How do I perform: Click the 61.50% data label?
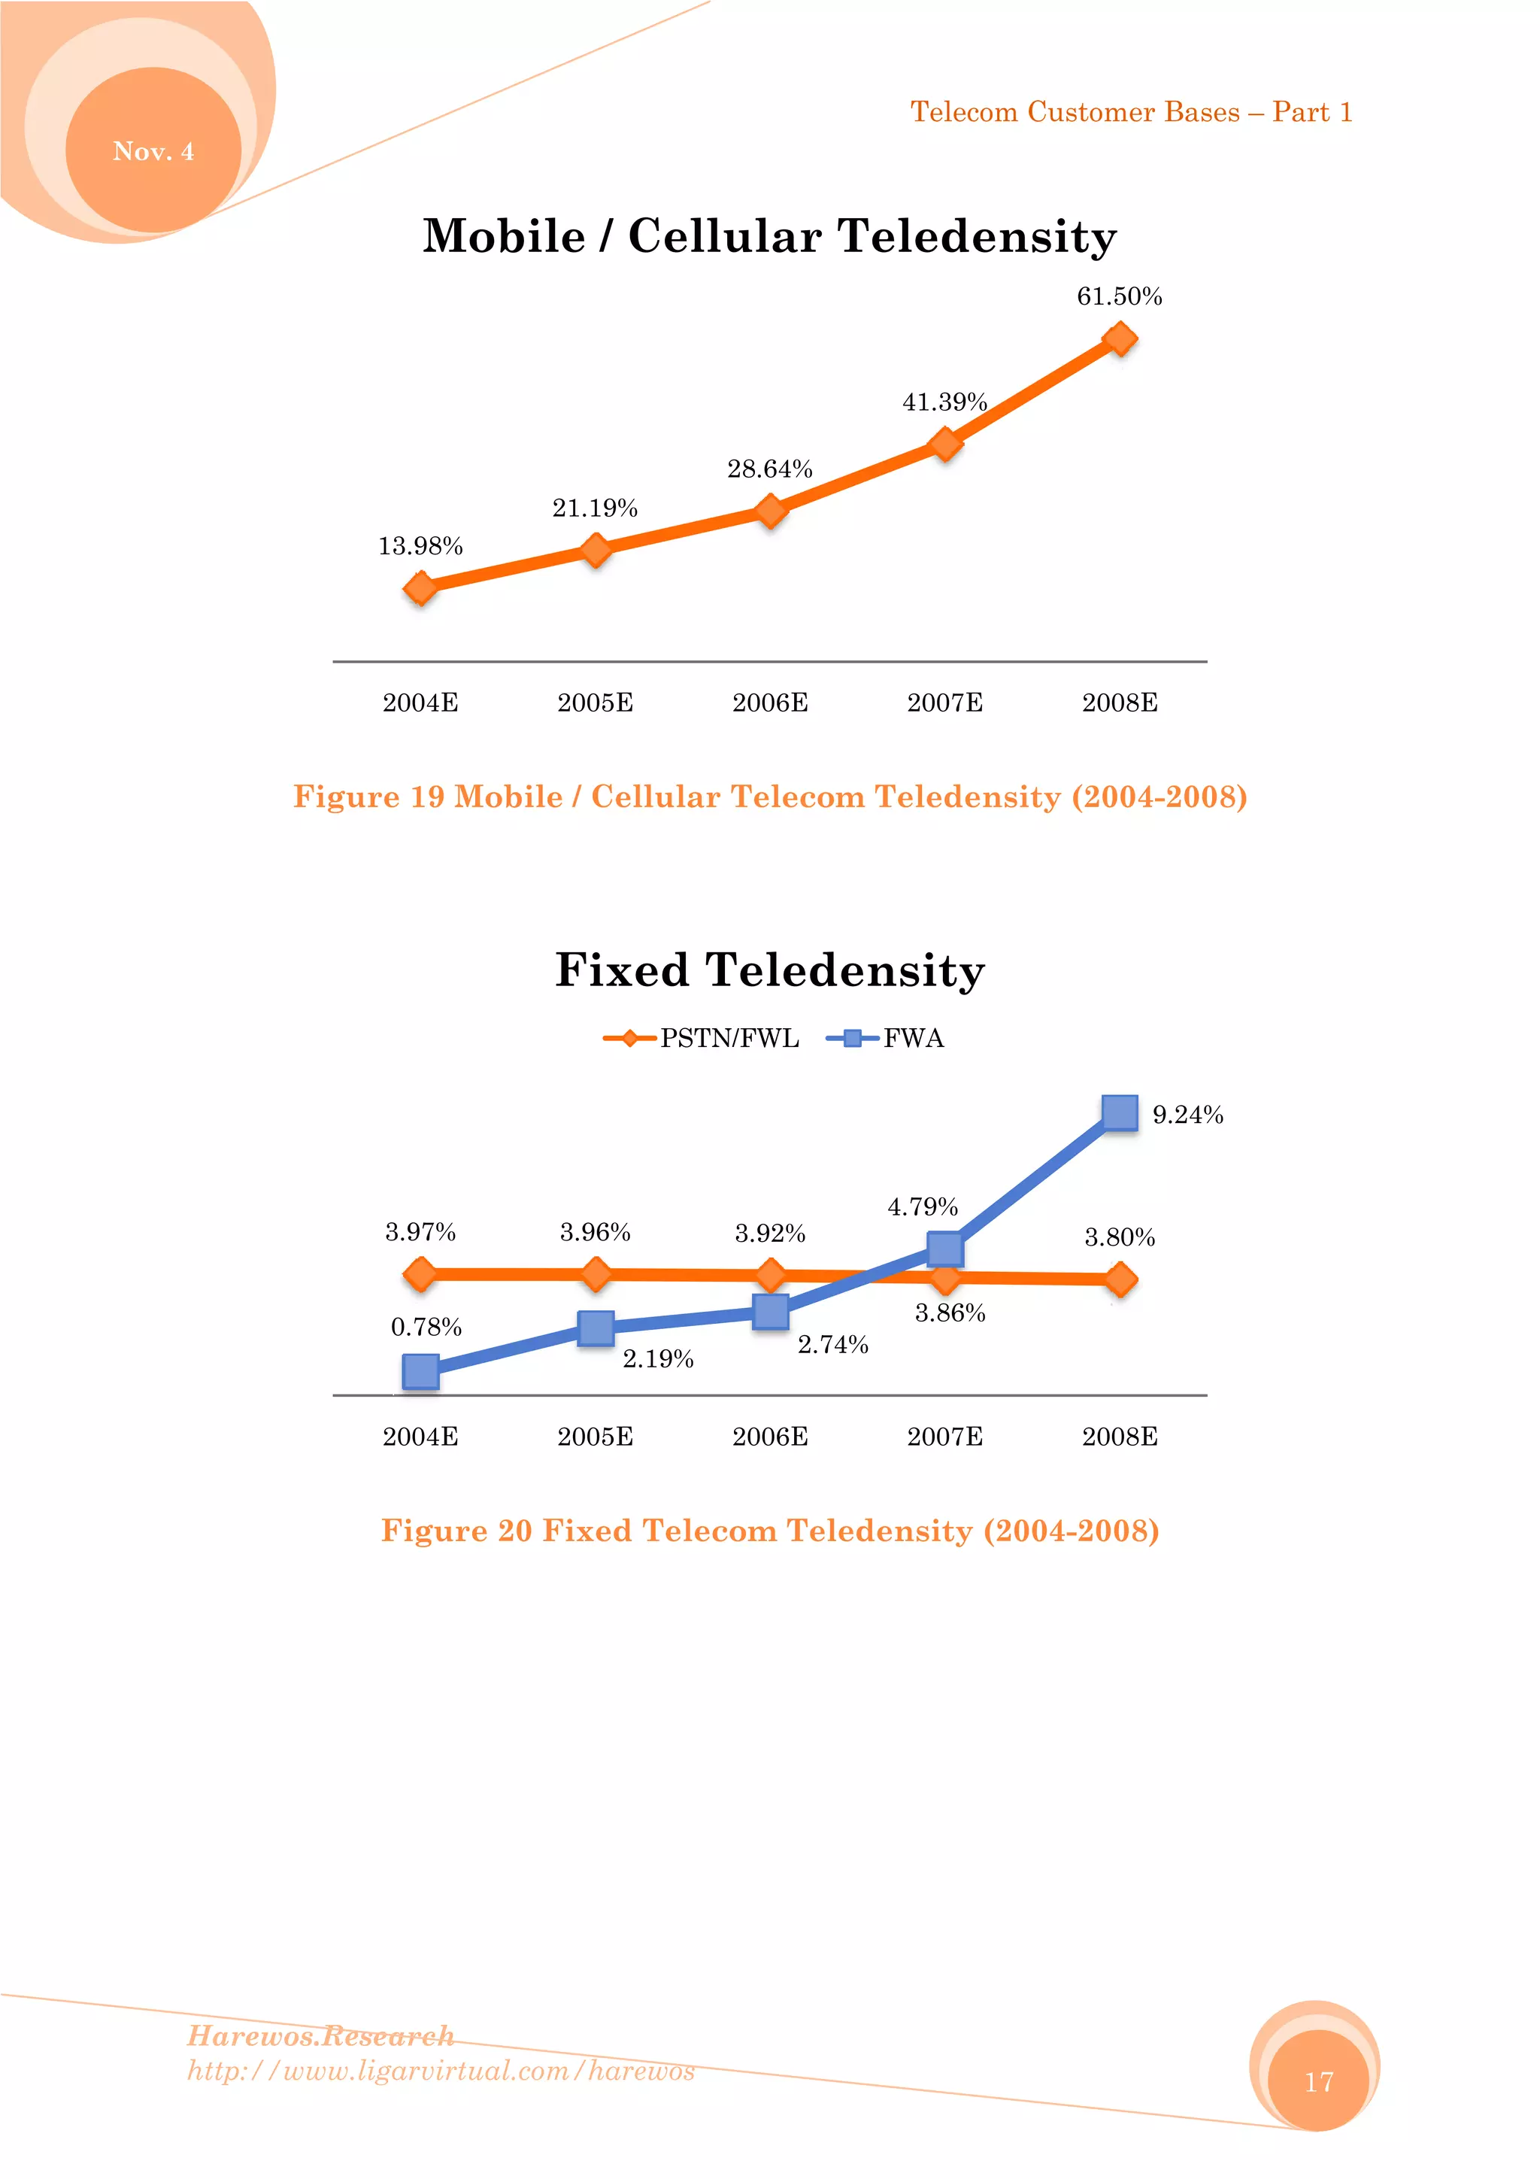click(x=1119, y=297)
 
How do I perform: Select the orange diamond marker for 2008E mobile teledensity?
click(x=1120, y=338)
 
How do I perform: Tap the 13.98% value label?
click(x=420, y=547)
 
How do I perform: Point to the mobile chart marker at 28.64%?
click(x=771, y=511)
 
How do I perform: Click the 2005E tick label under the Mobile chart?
click(x=595, y=703)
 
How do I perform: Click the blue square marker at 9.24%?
click(x=1120, y=1112)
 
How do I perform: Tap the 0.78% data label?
click(x=426, y=1327)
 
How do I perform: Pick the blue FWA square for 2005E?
click(x=595, y=1328)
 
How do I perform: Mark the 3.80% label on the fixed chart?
click(x=1120, y=1237)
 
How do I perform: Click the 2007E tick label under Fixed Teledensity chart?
click(x=945, y=1437)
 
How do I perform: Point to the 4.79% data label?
click(x=923, y=1207)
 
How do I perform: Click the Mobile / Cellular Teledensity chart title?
click(x=769, y=235)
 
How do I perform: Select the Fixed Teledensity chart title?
click(x=769, y=970)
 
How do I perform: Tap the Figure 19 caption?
click(x=769, y=797)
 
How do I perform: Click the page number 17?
click(x=1319, y=2082)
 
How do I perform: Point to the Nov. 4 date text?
click(x=153, y=151)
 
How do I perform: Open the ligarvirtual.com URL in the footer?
click(x=441, y=2070)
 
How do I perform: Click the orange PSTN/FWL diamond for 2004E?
click(x=420, y=1273)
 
